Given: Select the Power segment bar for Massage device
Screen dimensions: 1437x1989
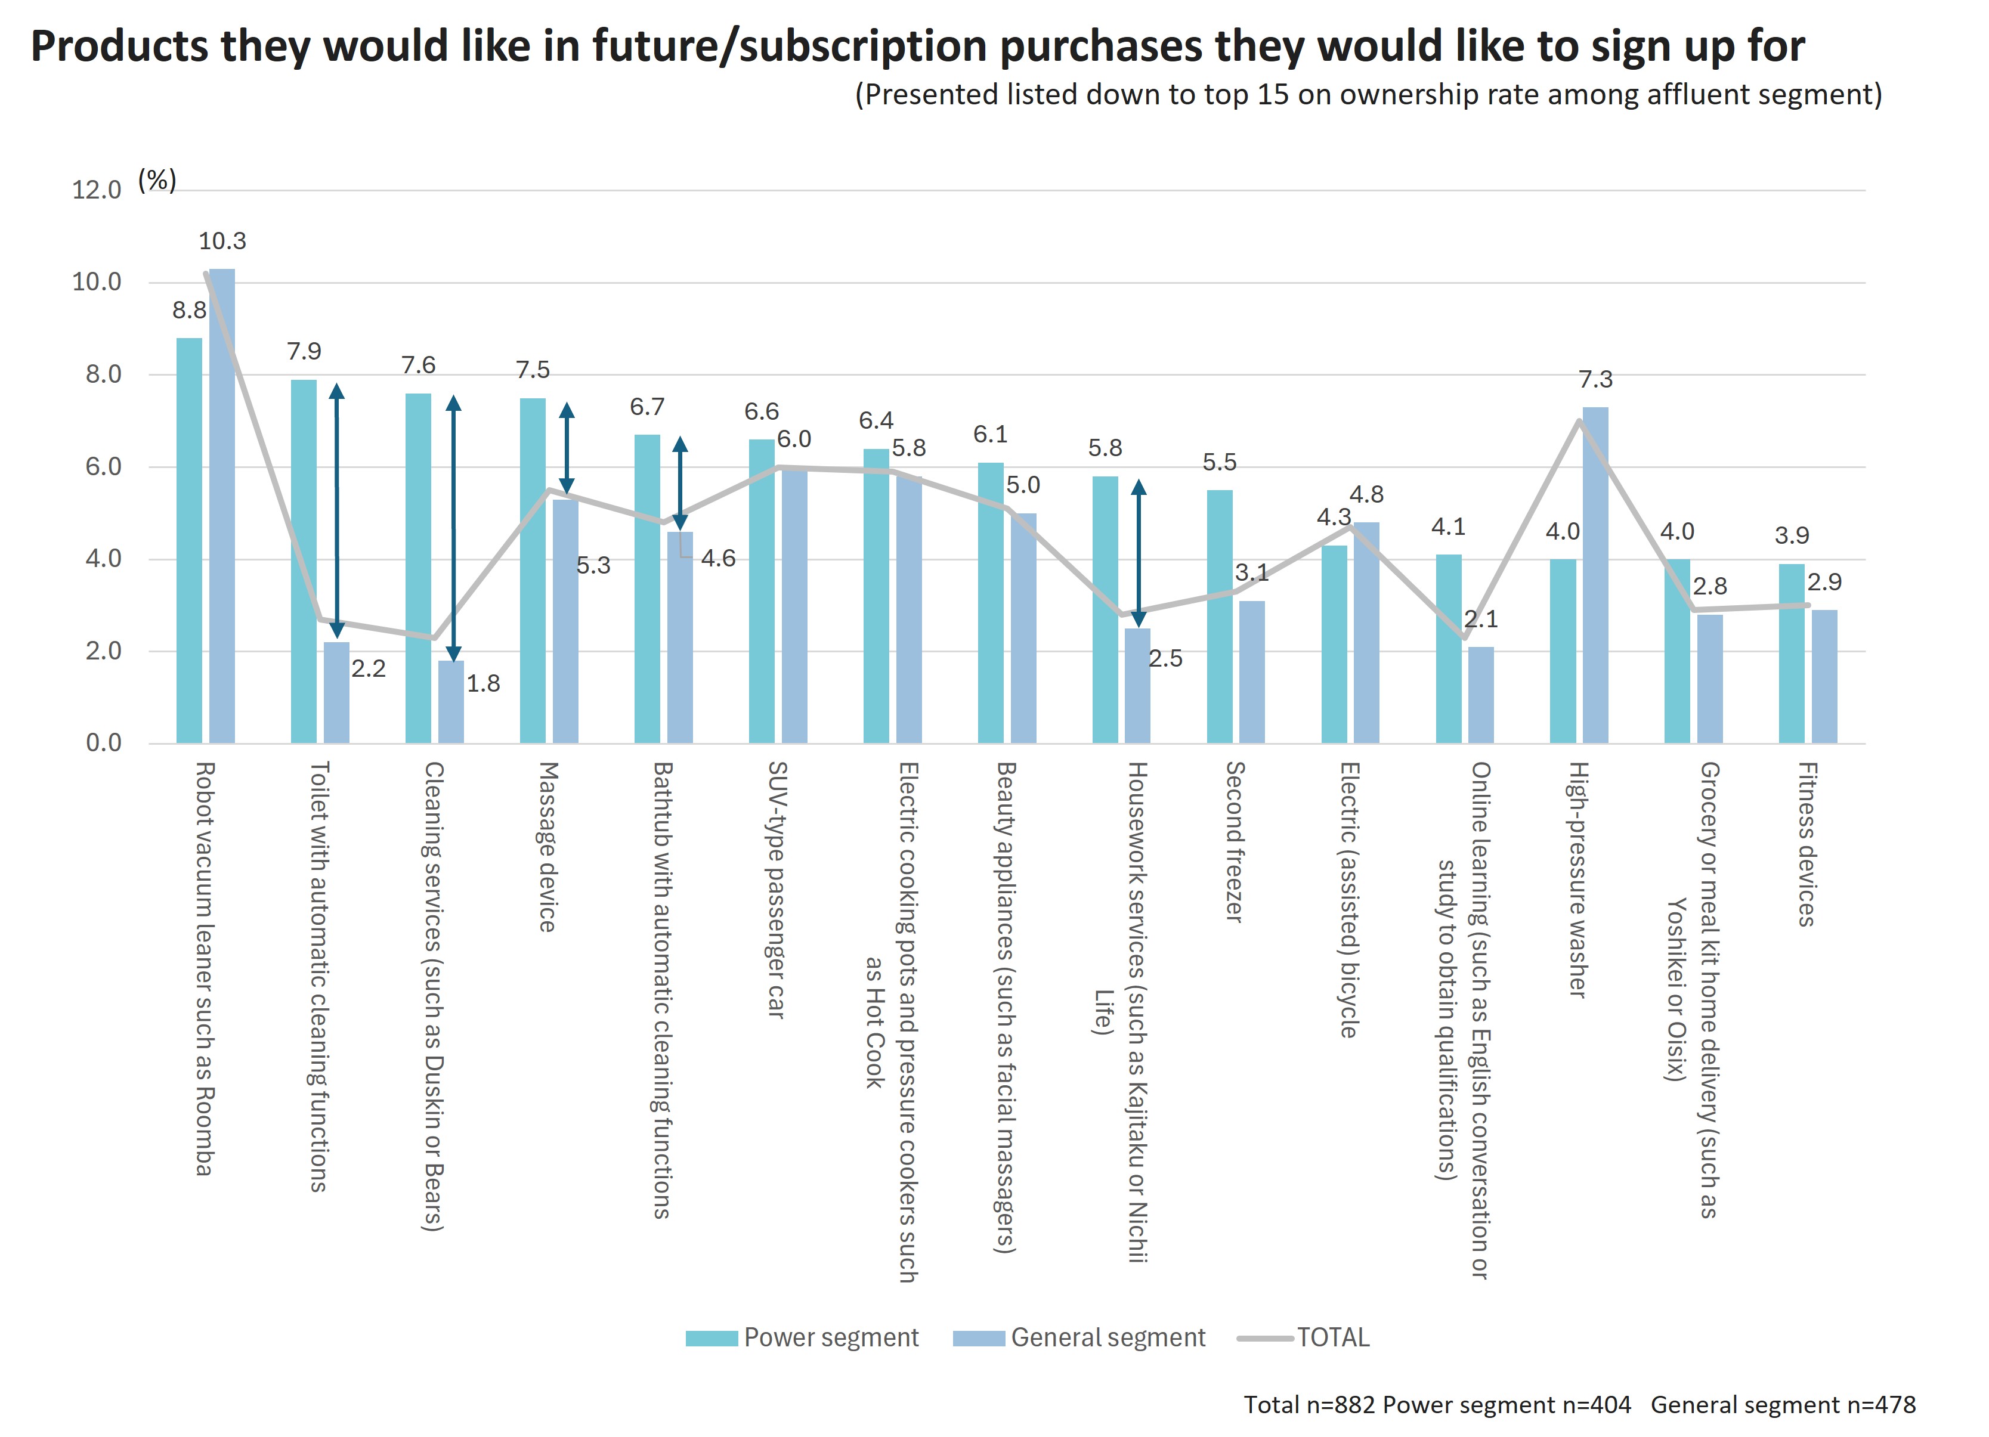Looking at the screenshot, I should point(533,571).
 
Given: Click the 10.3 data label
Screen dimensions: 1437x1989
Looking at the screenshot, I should point(222,241).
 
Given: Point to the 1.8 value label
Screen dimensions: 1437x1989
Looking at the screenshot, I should point(483,684).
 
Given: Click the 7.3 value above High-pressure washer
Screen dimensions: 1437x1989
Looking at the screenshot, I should point(1595,380).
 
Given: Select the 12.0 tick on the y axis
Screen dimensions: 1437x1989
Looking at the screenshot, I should point(97,190).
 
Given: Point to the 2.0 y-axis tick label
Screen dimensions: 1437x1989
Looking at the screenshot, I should point(104,652).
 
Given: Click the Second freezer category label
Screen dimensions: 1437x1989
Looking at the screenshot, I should point(1235,842).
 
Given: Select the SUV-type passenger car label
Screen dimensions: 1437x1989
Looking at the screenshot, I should point(777,889).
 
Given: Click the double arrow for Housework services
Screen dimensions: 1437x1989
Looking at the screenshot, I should point(1139,552).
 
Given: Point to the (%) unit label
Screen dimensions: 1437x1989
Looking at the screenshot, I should point(158,181).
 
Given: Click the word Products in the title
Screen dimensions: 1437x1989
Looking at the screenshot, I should point(119,47).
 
